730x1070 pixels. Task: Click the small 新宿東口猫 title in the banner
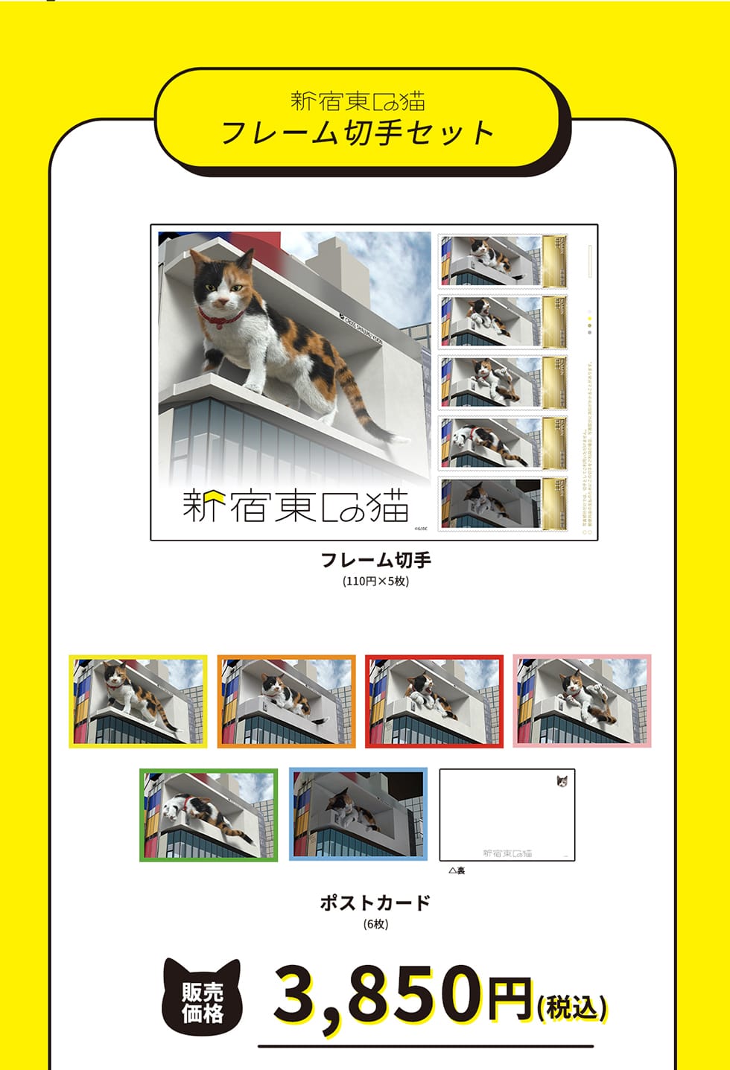click(x=358, y=101)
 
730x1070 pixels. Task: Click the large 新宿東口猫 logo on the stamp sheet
click(x=296, y=506)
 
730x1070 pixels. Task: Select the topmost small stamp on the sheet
click(x=502, y=261)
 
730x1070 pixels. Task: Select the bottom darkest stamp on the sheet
click(x=502, y=503)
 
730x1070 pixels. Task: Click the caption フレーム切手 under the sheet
click(x=375, y=560)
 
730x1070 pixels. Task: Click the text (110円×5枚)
click(x=375, y=581)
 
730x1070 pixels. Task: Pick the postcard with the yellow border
click(x=138, y=701)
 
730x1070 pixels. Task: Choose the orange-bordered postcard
click(x=286, y=701)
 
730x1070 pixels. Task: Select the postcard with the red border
click(x=434, y=701)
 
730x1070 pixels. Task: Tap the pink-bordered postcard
click(x=582, y=701)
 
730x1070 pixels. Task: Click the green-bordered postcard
click(x=209, y=815)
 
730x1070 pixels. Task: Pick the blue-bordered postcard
click(x=358, y=815)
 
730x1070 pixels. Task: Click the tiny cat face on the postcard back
click(x=562, y=781)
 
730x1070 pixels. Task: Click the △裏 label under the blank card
click(x=457, y=870)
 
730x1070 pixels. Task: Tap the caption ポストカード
click(x=375, y=902)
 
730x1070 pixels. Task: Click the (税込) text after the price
click(x=572, y=1007)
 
